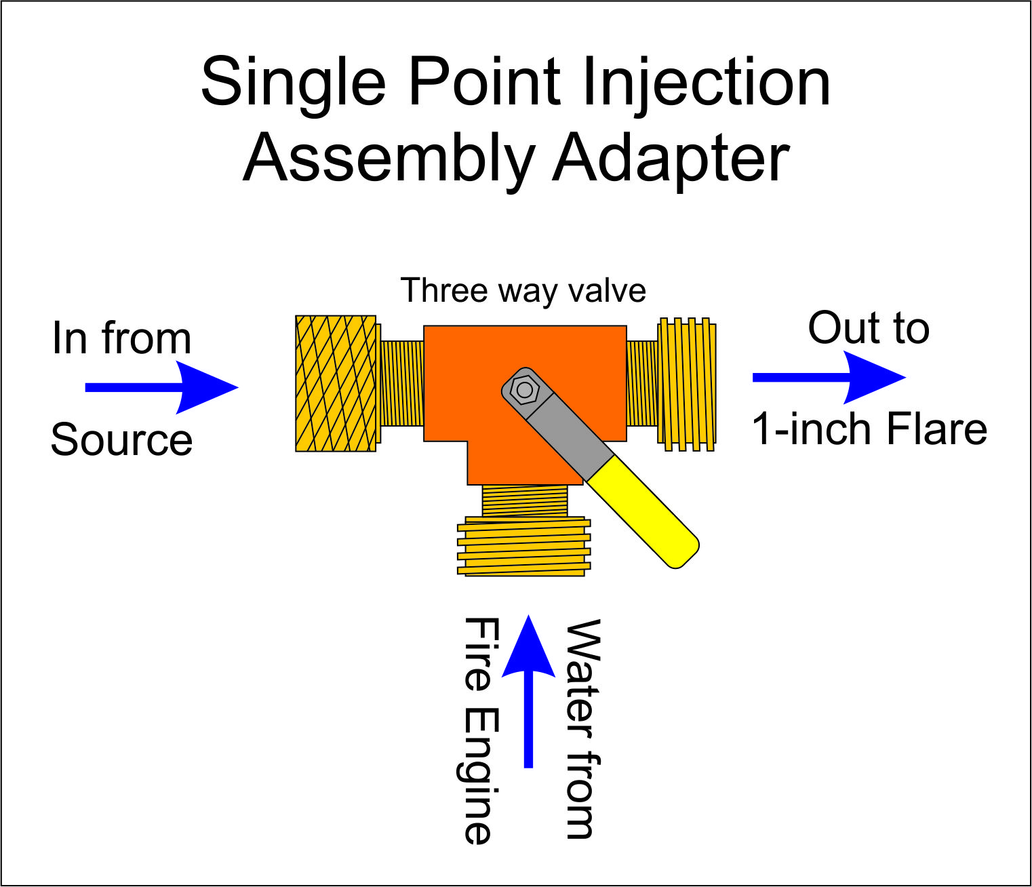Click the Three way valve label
click(x=523, y=291)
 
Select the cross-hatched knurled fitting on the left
click(x=336, y=383)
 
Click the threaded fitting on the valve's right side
click(x=686, y=384)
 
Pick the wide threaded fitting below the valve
click(x=523, y=547)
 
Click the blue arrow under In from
click(x=163, y=387)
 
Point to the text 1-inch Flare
click(x=869, y=429)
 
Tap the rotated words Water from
click(x=582, y=728)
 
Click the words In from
click(x=122, y=338)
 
